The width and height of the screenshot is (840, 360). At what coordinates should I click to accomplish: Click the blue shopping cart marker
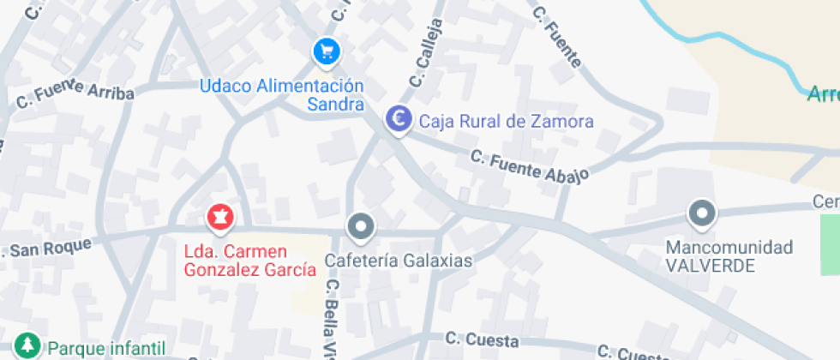click(326, 52)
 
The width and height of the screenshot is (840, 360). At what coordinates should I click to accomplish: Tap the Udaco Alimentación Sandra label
click(282, 95)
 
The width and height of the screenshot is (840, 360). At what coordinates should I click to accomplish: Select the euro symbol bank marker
click(399, 120)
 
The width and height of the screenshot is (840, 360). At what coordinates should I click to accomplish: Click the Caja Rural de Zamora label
click(506, 122)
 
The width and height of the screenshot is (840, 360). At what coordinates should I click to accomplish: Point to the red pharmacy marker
click(220, 218)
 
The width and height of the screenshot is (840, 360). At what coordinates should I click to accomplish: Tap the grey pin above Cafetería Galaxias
click(361, 228)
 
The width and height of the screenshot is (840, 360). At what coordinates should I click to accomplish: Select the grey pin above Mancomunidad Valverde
click(703, 214)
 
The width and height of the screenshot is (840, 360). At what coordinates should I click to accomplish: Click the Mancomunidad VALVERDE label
click(729, 256)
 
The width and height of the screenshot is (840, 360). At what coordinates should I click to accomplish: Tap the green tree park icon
click(29, 347)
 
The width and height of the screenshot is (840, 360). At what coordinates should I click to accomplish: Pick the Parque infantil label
click(106, 348)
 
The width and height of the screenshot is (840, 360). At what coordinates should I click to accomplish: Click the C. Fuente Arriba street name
click(75, 93)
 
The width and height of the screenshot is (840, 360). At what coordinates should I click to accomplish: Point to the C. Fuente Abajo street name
click(530, 167)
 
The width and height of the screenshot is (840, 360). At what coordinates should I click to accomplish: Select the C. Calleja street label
click(428, 53)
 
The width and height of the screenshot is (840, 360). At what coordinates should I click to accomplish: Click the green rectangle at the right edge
click(830, 244)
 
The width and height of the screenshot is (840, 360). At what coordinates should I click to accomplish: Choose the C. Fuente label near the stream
click(557, 36)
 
